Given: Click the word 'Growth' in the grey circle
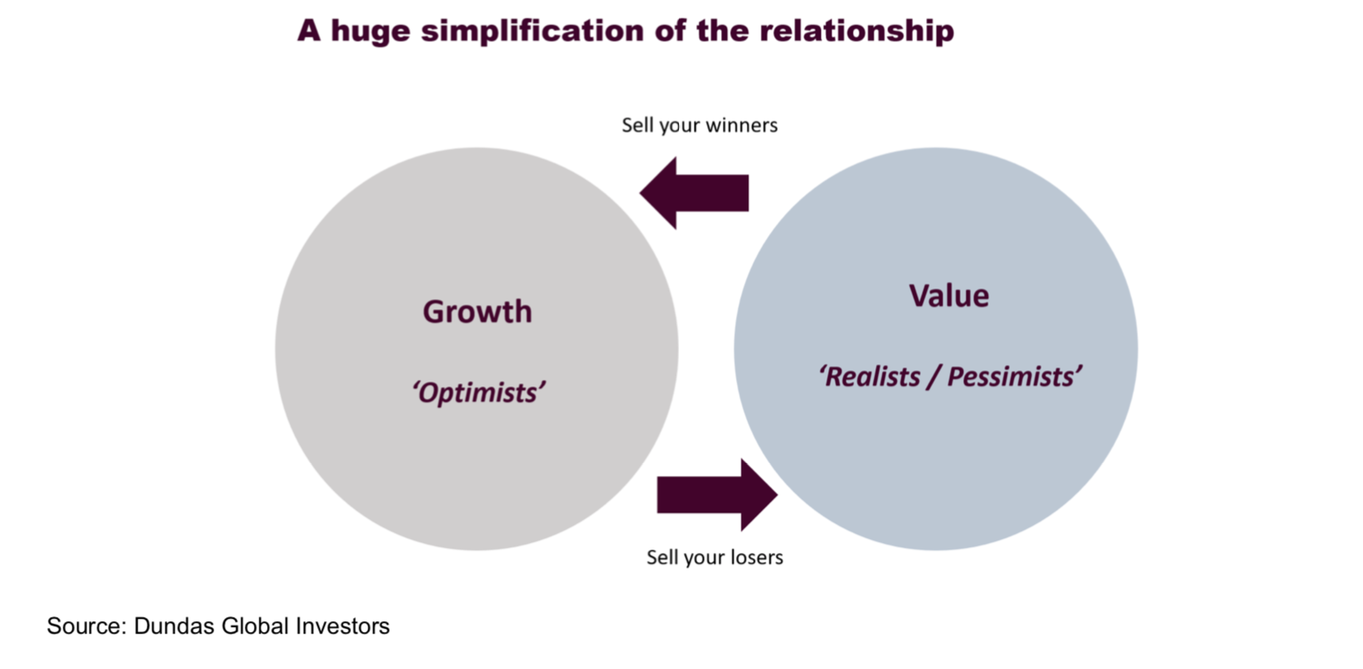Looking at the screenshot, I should [477, 311].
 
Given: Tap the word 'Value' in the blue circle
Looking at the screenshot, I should [948, 296].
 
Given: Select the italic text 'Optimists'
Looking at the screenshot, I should [479, 392].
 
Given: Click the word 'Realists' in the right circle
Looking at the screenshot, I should [872, 377].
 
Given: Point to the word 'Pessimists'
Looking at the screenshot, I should [1013, 377].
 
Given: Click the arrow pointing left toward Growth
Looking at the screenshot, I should [694, 193].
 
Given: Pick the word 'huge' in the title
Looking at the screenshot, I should [370, 31].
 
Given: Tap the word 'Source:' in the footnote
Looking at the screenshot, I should [87, 626].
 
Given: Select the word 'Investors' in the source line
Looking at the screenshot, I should [342, 626].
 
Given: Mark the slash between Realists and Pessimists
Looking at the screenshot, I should [933, 377].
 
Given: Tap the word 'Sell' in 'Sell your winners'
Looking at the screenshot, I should [637, 125].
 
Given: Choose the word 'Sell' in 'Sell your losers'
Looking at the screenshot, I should [662, 558].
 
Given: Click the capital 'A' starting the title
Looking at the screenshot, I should [308, 31].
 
